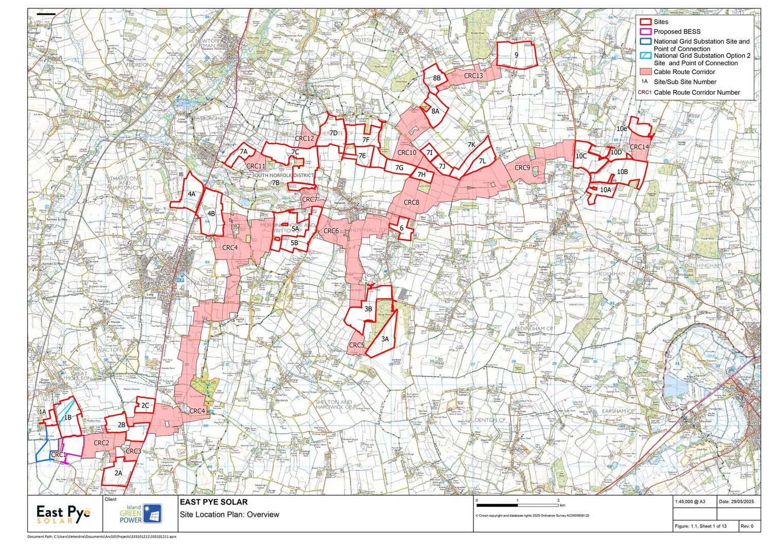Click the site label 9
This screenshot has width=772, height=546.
516,55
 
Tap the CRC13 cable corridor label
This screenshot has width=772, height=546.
473,76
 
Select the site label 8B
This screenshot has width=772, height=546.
436,78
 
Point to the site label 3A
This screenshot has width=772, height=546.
385,339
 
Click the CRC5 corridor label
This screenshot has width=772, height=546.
357,345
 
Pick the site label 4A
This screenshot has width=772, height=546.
191,194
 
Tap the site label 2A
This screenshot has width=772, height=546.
118,473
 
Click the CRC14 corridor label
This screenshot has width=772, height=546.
639,147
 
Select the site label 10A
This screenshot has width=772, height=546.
605,190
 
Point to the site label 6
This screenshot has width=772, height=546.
401,228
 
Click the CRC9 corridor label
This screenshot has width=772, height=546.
522,168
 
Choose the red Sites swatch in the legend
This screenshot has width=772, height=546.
645,22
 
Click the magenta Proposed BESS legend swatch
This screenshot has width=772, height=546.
645,32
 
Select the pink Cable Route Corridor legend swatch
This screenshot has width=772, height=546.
645,72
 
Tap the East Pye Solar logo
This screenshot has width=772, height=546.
63,514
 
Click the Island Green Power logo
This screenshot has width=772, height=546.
141,513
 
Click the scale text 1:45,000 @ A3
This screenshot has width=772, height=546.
690,502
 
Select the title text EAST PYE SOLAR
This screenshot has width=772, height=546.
214,502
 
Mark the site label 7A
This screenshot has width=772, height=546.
243,152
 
